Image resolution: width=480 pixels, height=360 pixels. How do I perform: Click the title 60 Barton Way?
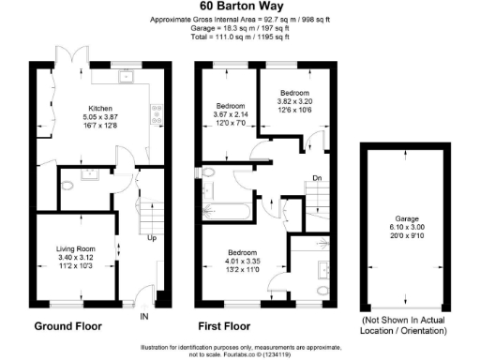(240, 7)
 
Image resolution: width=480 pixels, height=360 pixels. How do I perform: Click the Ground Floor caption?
(67, 327)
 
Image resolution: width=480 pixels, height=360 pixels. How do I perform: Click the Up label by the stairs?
(152, 238)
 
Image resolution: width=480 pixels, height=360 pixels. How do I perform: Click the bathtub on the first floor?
(226, 209)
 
